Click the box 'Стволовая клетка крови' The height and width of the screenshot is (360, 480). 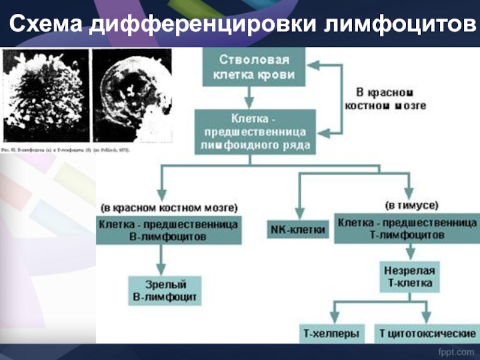254,68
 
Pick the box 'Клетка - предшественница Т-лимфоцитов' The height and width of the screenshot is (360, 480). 406,229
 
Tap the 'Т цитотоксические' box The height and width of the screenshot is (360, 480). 427,332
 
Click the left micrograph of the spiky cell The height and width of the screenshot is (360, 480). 46,95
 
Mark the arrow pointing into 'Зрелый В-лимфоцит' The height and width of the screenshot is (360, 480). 161,261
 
